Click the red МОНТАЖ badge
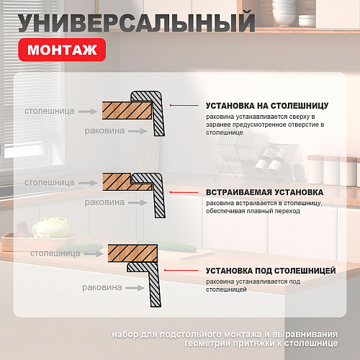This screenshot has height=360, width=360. click(62, 50)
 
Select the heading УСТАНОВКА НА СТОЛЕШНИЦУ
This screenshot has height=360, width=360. click(267, 106)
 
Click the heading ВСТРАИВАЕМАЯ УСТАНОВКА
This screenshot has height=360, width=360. click(264, 192)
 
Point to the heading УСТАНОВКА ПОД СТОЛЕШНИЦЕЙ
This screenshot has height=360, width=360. click(271, 271)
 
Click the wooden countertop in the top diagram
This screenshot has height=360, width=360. click(127, 110)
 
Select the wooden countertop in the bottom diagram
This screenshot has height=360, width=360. click(132, 253)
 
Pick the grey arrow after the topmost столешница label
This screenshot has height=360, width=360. click(88, 112)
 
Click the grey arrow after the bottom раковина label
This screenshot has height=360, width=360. click(135, 288)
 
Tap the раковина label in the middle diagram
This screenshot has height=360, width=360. click(104, 202)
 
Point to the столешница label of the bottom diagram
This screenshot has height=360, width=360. click(55, 253)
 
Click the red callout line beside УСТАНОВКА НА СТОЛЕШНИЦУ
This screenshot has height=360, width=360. click(184, 105)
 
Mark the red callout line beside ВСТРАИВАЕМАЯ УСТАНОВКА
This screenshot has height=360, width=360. click(184, 192)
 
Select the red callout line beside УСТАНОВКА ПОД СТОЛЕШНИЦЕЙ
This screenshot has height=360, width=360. click(181, 270)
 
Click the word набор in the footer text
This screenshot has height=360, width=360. click(125, 334)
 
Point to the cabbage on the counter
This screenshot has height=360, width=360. click(53, 228)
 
